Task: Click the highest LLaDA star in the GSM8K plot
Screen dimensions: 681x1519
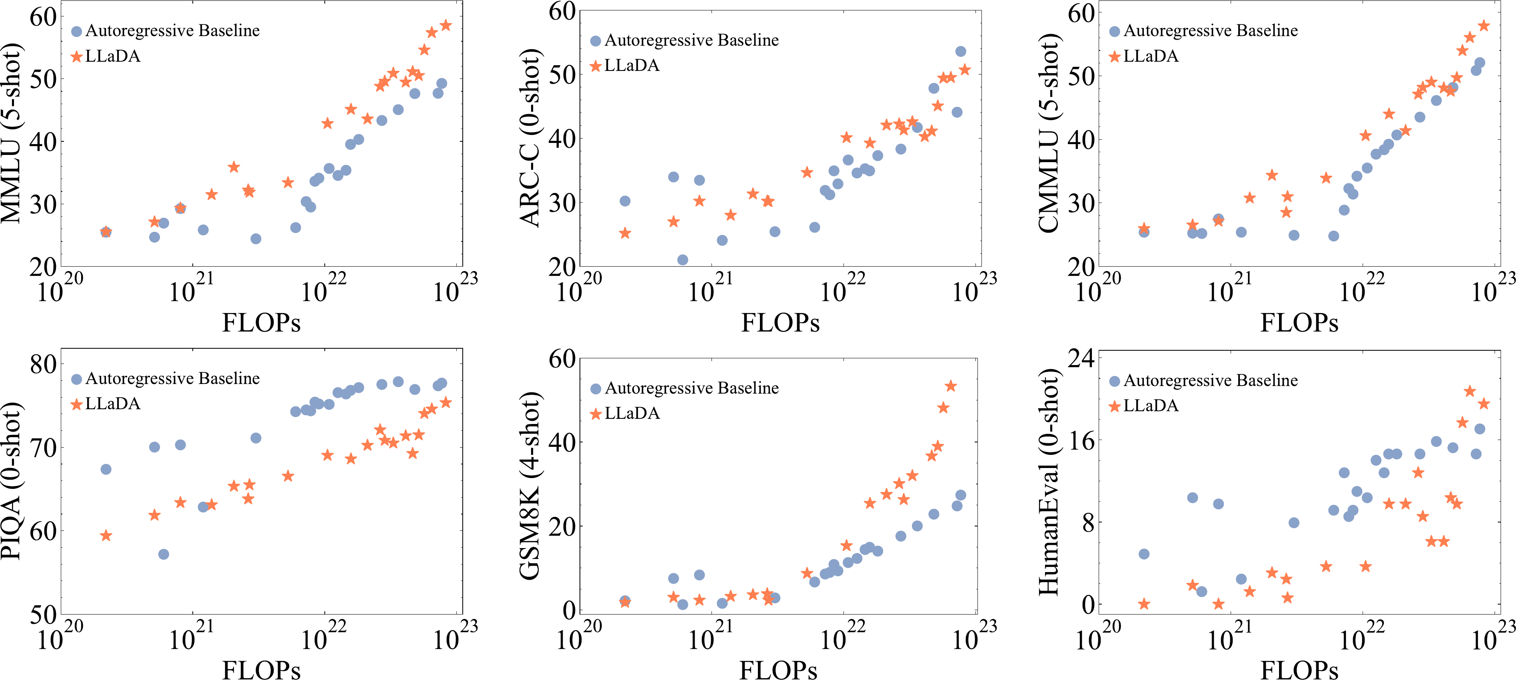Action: coord(951,386)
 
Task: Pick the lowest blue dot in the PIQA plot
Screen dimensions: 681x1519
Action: coord(164,554)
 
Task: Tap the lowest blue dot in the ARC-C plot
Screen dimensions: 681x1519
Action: coord(682,260)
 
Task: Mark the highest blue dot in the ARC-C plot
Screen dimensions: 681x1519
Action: coord(961,51)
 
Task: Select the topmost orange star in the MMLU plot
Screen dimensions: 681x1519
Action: coord(446,25)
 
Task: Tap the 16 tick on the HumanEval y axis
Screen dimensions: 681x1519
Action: coord(1080,440)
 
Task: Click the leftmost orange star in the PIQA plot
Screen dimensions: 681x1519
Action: coord(106,536)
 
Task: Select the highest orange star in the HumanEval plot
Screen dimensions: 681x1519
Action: coord(1469,391)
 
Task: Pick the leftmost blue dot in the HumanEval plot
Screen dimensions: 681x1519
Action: coord(1144,554)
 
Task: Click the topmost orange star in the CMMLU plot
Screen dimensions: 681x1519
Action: coord(1484,26)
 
